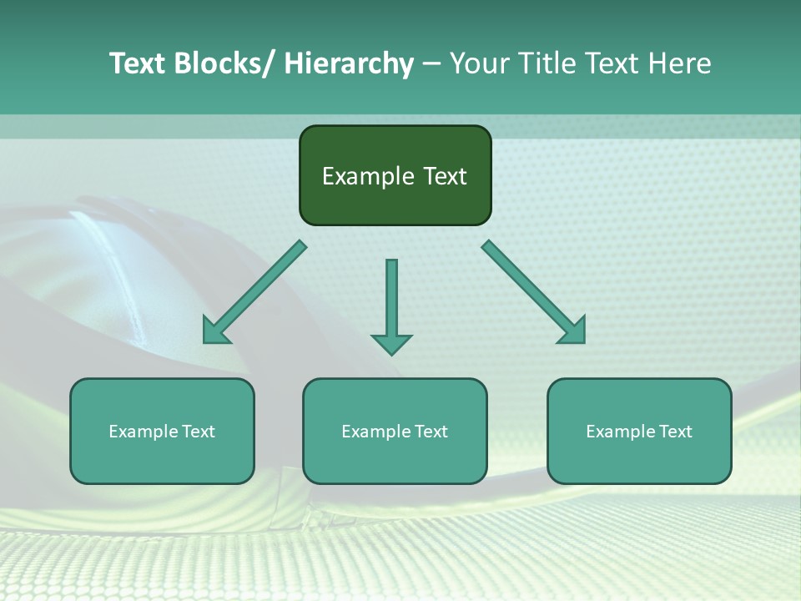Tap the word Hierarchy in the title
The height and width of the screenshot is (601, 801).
point(349,63)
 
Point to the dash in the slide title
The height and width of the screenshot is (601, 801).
point(431,64)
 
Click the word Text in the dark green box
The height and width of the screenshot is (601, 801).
point(444,176)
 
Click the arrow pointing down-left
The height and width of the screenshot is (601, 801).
point(253,294)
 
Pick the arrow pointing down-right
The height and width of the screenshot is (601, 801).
point(535,293)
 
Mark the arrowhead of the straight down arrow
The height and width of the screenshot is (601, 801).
point(391,343)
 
